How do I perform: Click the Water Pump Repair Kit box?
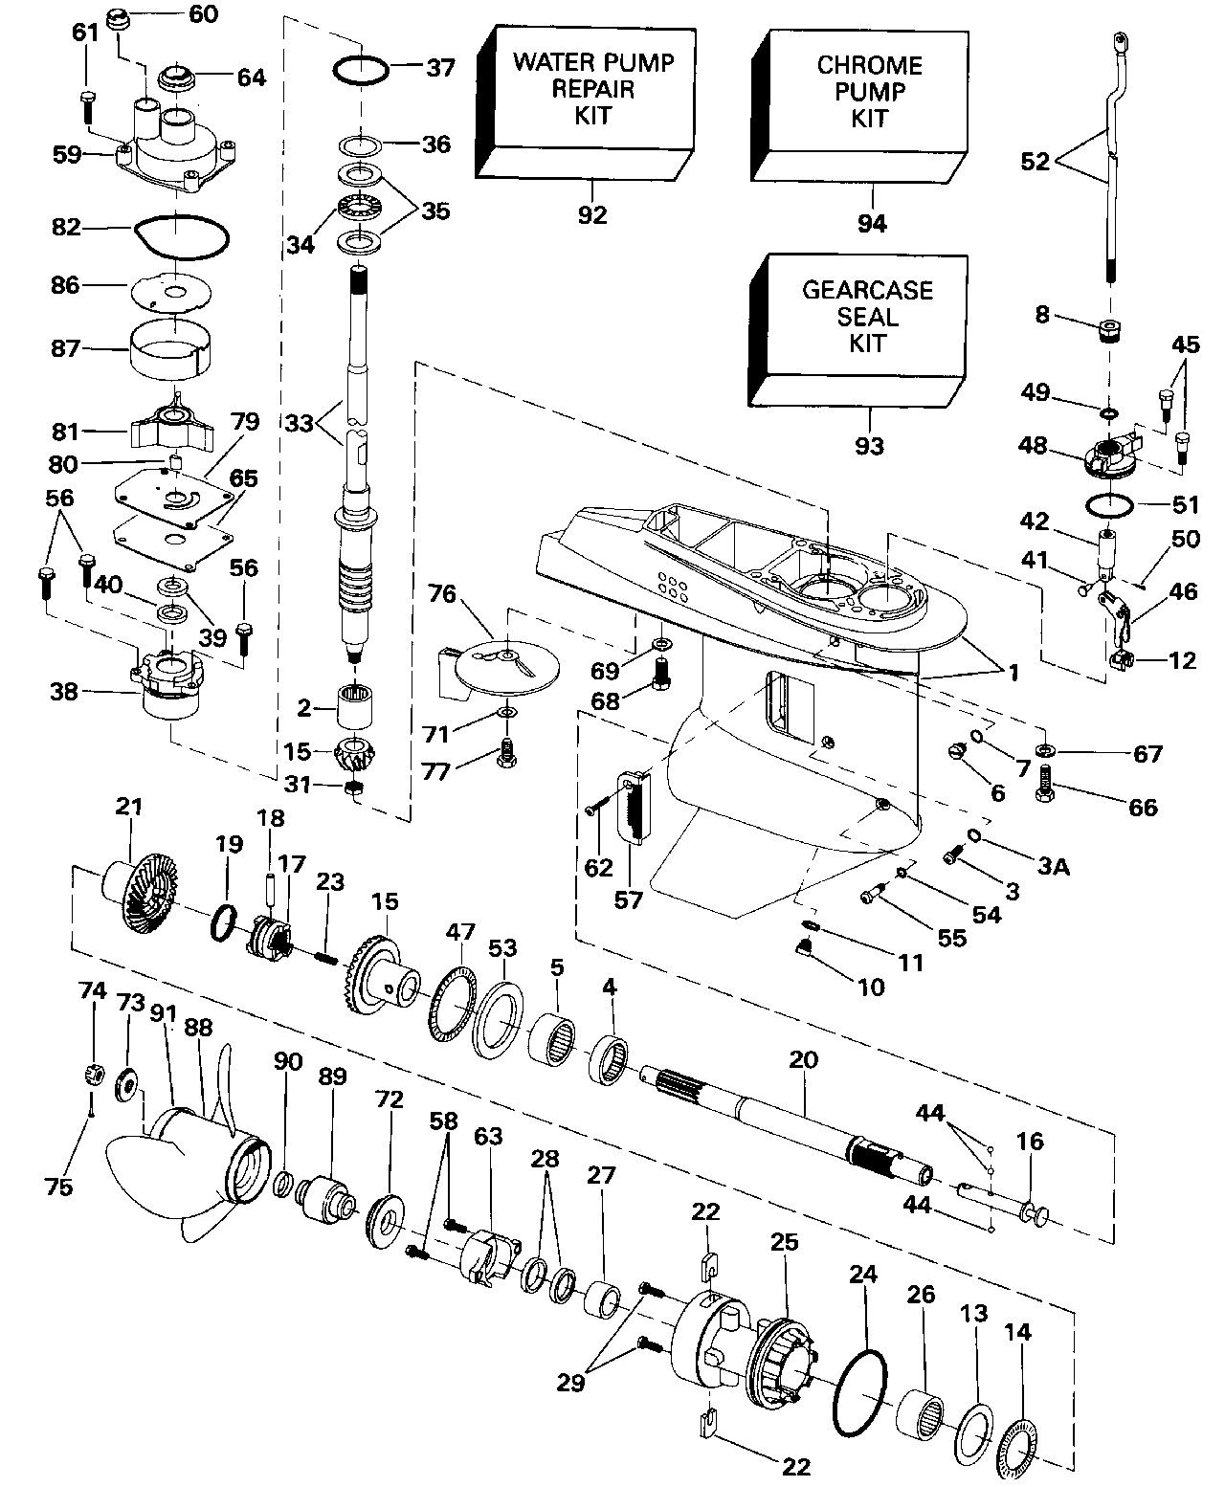pyautogui.click(x=586, y=102)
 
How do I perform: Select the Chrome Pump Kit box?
pyautogui.click(x=859, y=106)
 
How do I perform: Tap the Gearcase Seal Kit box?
pyautogui.click(x=858, y=330)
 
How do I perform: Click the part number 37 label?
pyautogui.click(x=441, y=68)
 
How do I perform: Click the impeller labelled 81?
pyautogui.click(x=172, y=425)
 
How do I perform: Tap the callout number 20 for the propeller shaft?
pyautogui.click(x=803, y=1059)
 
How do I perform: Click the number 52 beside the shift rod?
pyautogui.click(x=1035, y=161)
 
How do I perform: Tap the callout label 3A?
pyautogui.click(x=1054, y=866)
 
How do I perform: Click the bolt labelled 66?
pyautogui.click(x=1045, y=784)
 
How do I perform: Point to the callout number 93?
pyautogui.click(x=869, y=446)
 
